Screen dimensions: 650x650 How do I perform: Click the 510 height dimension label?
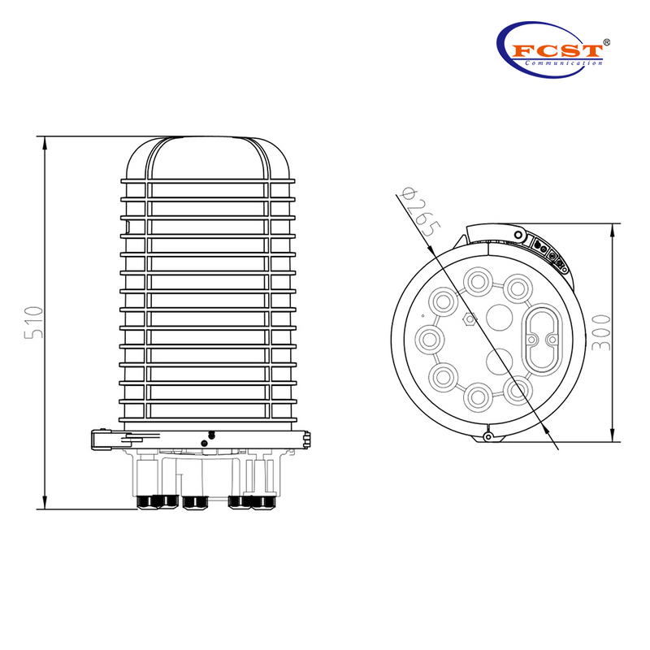pos(32,323)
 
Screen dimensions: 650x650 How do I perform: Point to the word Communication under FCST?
pos(562,63)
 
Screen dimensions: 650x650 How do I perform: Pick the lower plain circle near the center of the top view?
pos(496,359)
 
